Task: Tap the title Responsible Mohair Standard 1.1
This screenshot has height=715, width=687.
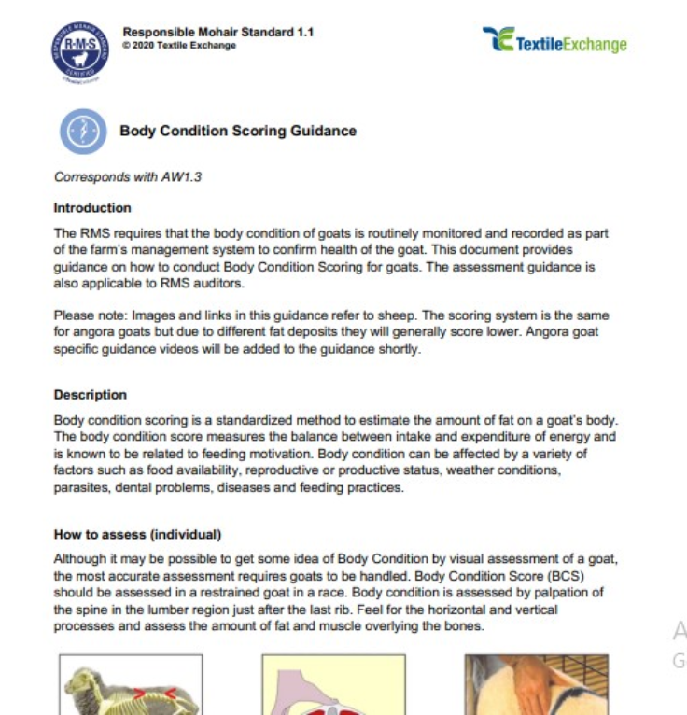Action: pyautogui.click(x=217, y=33)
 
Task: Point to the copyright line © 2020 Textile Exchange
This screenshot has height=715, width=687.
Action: pyautogui.click(x=179, y=46)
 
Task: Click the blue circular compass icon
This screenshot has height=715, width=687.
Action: pyautogui.click(x=83, y=132)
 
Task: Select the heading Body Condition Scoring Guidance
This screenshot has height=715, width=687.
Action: pyautogui.click(x=238, y=132)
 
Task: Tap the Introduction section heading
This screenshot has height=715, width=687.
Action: pyautogui.click(x=92, y=208)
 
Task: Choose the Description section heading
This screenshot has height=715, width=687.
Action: pyautogui.click(x=91, y=395)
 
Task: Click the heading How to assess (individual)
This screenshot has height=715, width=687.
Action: pyautogui.click(x=137, y=535)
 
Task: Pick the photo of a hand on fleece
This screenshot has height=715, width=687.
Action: pyautogui.click(x=536, y=686)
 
